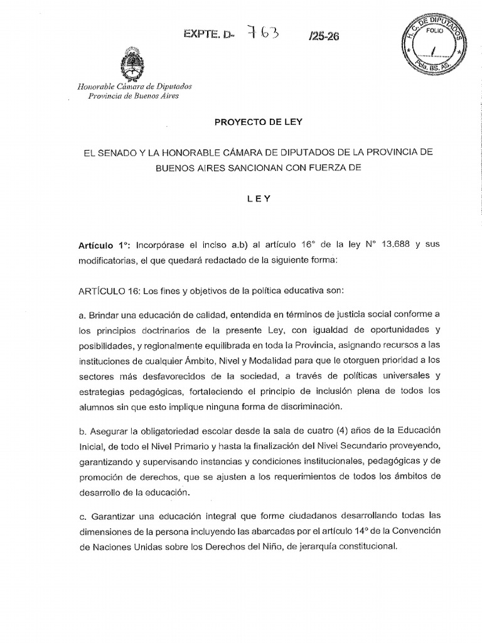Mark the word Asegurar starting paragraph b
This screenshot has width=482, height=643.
coord(110,430)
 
